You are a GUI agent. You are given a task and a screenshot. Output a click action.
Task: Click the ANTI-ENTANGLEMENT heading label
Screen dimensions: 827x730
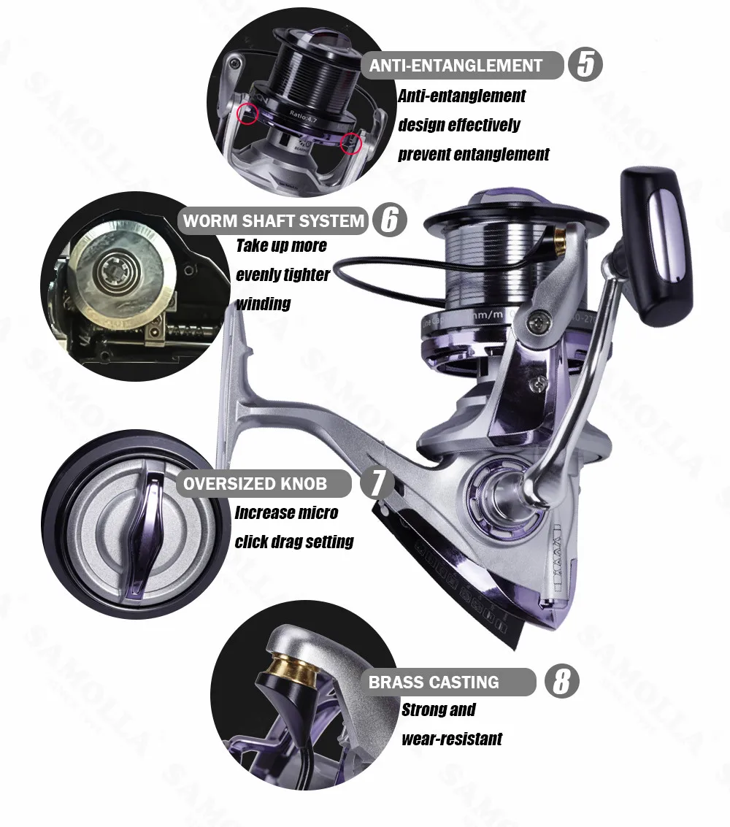456,65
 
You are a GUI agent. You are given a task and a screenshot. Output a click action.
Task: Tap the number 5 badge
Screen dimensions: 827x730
585,64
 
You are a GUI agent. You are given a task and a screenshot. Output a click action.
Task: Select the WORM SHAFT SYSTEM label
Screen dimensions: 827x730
273,220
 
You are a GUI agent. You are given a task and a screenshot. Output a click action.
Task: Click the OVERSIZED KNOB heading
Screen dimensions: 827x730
255,483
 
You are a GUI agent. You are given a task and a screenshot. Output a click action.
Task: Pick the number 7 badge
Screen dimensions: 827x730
378,483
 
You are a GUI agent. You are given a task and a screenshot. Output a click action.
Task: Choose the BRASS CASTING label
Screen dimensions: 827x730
434,682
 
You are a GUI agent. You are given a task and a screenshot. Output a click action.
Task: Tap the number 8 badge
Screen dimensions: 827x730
561,682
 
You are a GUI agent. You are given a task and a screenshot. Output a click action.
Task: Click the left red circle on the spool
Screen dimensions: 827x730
248,113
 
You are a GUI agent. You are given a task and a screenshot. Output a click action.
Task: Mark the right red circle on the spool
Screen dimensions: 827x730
351,144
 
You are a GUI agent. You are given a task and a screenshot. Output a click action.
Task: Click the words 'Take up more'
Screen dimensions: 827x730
281,245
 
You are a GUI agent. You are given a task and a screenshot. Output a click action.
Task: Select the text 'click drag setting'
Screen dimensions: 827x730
293,542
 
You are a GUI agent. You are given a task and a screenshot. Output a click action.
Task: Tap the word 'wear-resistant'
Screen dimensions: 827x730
452,739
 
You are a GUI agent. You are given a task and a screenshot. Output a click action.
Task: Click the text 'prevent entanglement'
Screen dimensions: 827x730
473,154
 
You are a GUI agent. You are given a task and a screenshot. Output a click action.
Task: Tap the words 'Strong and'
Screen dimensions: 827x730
438,709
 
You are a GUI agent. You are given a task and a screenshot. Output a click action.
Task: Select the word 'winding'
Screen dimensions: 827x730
263,303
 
